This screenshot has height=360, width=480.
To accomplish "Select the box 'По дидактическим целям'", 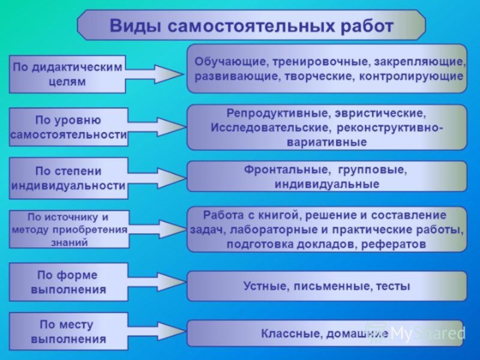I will (67, 74).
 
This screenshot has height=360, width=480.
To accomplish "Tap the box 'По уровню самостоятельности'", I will (68, 127).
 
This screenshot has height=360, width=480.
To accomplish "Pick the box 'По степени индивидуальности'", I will (68, 178).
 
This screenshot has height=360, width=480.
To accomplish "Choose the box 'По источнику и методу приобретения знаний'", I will (69, 229).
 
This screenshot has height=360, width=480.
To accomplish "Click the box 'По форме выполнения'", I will (68, 282).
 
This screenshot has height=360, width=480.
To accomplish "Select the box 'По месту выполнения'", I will (68, 332).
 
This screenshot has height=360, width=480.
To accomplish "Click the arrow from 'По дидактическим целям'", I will (157, 74).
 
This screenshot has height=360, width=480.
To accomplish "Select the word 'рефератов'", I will (395, 245).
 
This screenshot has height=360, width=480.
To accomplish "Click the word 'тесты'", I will (392, 286).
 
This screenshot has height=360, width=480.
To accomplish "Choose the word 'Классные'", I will (284, 333).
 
